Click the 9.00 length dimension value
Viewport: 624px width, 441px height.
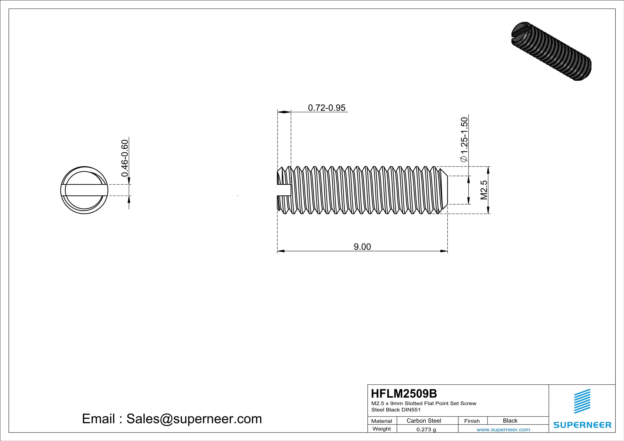pos(362,247)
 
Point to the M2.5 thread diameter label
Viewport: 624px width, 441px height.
pos(484,190)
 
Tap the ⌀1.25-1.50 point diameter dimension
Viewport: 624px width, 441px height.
pos(464,139)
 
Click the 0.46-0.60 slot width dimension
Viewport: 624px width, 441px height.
pos(125,158)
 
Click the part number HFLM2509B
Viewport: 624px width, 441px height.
pos(404,394)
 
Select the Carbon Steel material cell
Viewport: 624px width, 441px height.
pos(424,421)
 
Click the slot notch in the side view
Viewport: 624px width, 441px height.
pos(284,190)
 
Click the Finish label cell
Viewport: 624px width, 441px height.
pos(472,421)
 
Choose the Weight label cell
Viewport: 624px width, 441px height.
pos(382,429)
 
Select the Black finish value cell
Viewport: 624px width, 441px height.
pos(510,421)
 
